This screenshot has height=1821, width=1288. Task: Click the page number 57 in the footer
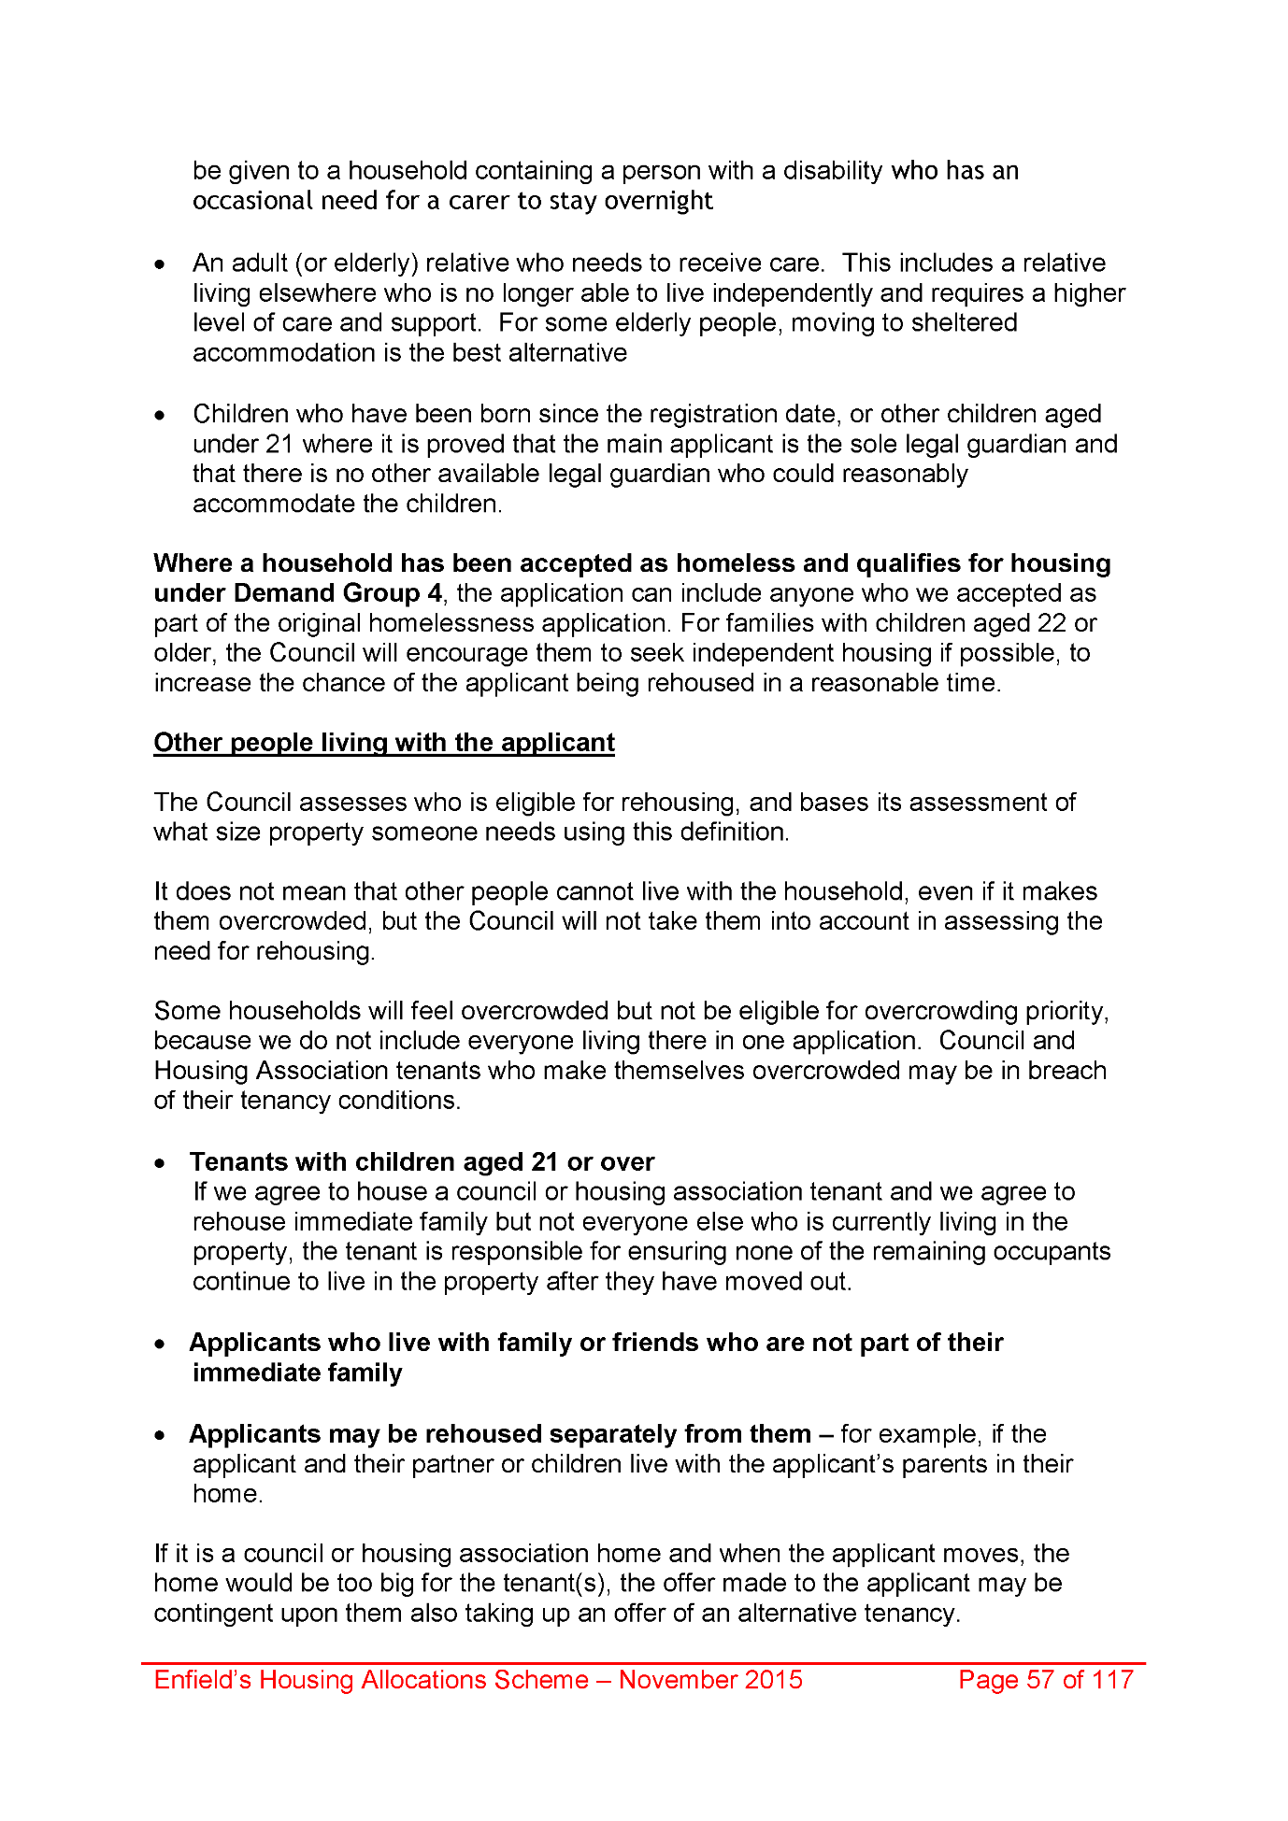[1040, 1680]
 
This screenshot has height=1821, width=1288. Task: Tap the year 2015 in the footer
[773, 1680]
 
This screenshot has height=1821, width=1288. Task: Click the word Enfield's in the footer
[202, 1680]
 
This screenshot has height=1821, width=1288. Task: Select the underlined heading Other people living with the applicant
[384, 743]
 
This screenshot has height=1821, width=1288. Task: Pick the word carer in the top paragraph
[477, 201]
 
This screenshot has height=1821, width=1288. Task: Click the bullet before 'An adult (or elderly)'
[162, 265]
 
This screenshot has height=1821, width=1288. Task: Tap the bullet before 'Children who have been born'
[162, 416]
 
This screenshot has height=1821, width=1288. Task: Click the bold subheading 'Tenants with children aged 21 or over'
[422, 1161]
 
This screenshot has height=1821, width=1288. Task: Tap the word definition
[733, 832]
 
